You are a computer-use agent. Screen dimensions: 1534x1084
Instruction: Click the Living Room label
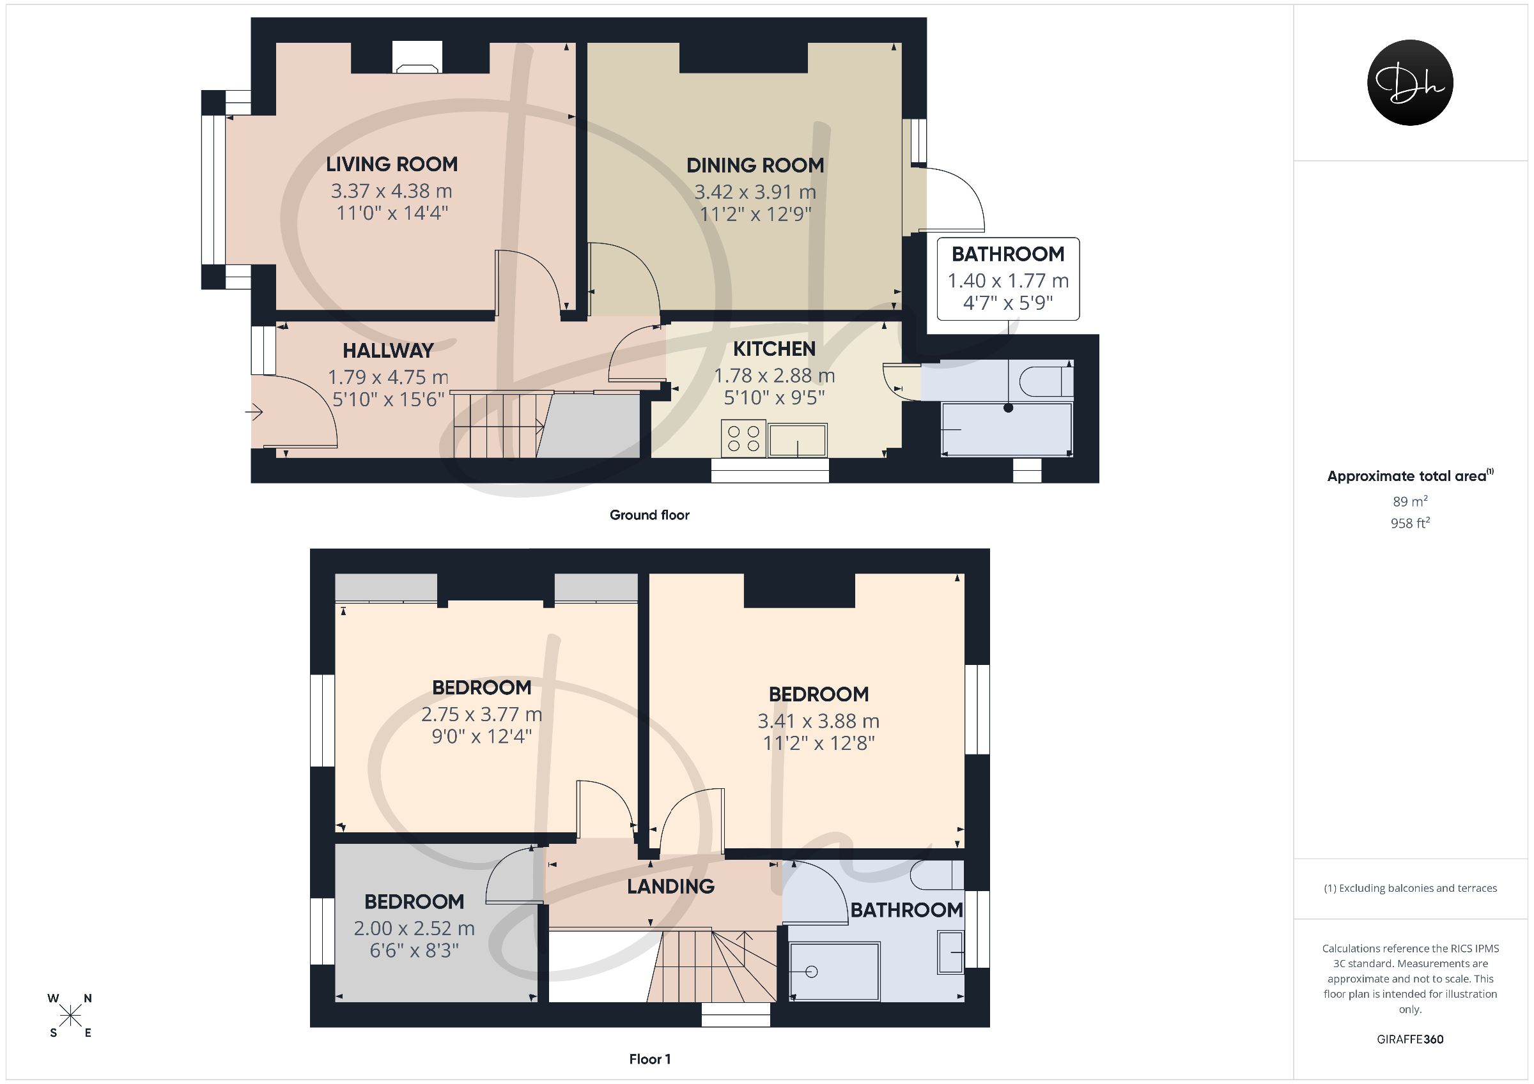point(392,164)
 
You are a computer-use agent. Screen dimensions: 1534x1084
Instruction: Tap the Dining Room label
point(755,165)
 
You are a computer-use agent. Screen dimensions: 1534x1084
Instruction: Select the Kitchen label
point(774,349)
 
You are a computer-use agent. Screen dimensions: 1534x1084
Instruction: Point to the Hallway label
point(388,351)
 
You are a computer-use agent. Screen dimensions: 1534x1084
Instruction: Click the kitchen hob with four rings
point(743,439)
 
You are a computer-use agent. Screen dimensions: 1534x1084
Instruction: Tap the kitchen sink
point(798,440)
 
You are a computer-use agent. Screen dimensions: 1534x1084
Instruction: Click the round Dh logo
point(1410,83)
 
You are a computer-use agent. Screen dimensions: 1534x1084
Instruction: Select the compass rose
point(70,1016)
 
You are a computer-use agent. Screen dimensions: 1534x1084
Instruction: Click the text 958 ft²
point(1411,523)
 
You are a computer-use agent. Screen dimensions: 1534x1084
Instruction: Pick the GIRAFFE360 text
point(1410,1039)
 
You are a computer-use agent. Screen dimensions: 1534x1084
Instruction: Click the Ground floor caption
point(649,515)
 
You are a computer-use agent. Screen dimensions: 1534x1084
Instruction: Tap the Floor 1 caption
point(649,1059)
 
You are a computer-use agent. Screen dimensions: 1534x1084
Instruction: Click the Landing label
point(670,887)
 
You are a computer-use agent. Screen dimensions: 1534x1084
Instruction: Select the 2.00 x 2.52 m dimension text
point(414,928)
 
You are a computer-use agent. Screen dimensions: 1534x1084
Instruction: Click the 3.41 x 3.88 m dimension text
point(818,721)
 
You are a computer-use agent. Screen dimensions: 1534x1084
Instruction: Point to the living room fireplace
point(417,57)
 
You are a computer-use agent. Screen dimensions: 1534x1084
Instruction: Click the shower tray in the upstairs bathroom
point(835,971)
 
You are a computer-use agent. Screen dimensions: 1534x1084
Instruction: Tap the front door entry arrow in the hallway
point(254,413)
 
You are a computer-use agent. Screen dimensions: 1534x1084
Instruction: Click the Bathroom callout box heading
point(1007,254)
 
